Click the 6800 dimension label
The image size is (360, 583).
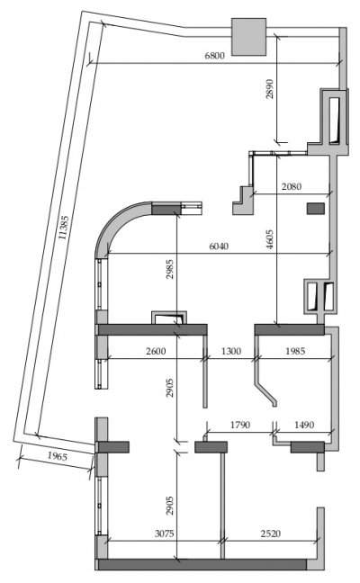pos(214,56)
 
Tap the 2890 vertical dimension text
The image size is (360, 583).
pos(270,88)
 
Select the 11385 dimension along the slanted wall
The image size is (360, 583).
pos(63,228)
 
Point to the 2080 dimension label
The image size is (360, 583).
pos(292,186)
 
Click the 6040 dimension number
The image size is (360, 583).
pos(219,247)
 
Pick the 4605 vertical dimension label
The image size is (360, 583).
pos(270,239)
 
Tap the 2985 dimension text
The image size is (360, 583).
pos(169,269)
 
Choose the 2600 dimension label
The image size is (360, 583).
pos(156,351)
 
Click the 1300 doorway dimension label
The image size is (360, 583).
pos(231,351)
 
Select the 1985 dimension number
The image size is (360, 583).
pos(295,351)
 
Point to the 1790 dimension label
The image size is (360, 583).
pos(240,425)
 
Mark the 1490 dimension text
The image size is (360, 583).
pos(304,425)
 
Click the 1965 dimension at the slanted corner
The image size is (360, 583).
pos(57,456)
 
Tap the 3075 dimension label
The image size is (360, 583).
pos(164,534)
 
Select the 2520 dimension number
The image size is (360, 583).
pos(270,534)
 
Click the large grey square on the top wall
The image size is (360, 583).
pos(248,37)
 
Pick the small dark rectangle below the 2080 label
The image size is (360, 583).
pos(315,208)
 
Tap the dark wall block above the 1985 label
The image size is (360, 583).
pos(289,329)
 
